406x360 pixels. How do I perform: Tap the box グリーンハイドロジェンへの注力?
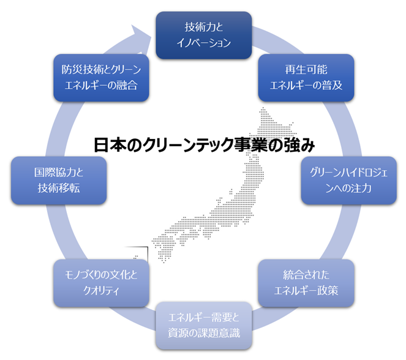pyautogui.click(x=337, y=181)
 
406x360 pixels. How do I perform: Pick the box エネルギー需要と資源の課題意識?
pyautogui.click(x=202, y=324)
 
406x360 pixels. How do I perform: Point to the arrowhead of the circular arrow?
pyautogui.click(x=143, y=31)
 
